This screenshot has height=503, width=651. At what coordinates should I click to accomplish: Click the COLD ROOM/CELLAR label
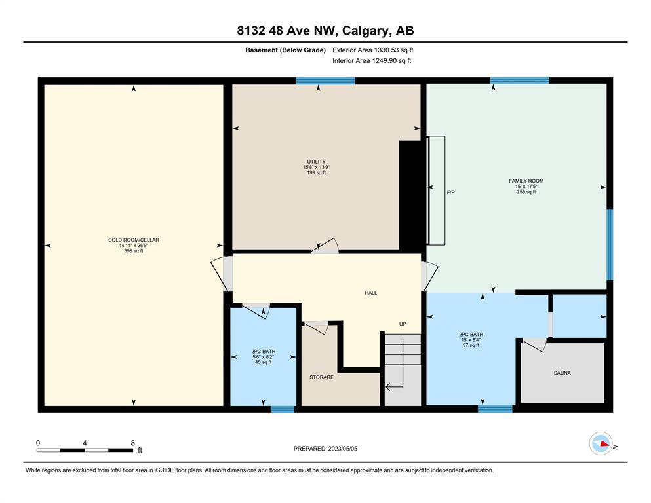[x=134, y=240]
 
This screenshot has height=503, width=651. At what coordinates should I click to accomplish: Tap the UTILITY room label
[x=317, y=162]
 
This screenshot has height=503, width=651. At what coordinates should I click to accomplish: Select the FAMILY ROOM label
[x=526, y=181]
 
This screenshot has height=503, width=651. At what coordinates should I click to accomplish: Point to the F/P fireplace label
[x=451, y=192]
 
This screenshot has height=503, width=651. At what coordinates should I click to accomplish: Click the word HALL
[x=371, y=293]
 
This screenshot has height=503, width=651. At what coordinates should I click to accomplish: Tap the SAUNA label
[x=562, y=373]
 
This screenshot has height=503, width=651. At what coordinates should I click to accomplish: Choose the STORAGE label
[x=321, y=377]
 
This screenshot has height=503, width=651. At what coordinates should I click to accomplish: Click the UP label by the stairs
[x=403, y=324]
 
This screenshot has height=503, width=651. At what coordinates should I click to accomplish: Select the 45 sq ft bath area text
[x=264, y=362]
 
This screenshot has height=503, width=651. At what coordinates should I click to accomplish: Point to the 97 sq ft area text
[x=471, y=345]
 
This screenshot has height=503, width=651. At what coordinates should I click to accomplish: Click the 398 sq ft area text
[x=134, y=251]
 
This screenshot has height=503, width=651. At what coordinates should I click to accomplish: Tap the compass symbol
[x=601, y=443]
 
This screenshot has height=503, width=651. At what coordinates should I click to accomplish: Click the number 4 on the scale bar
[x=85, y=443]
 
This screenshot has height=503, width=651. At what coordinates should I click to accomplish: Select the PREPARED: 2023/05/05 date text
[x=325, y=449]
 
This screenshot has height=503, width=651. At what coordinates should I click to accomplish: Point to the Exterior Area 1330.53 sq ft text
[x=373, y=50]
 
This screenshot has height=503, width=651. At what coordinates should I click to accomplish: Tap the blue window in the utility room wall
[x=325, y=81]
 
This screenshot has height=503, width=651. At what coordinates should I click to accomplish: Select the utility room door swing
[x=325, y=246]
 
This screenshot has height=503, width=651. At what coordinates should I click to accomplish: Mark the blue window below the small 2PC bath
[x=283, y=409]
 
